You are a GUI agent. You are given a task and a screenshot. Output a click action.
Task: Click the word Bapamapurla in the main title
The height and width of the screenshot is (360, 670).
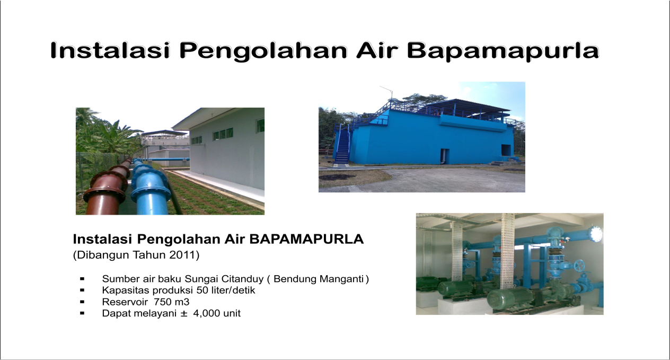pyautogui.click(x=503, y=50)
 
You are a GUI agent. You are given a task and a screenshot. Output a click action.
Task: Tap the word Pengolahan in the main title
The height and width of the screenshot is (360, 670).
pyautogui.click(x=263, y=50)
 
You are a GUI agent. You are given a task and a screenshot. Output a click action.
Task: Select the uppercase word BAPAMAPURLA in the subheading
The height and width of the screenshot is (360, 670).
pyautogui.click(x=306, y=239)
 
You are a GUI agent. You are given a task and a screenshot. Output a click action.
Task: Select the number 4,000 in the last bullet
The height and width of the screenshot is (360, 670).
pyautogui.click(x=204, y=313)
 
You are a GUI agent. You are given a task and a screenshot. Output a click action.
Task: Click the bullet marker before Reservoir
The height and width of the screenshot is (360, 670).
pyautogui.click(x=82, y=302)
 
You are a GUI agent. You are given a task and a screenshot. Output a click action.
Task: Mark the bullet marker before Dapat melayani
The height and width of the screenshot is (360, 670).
pyautogui.click(x=82, y=313)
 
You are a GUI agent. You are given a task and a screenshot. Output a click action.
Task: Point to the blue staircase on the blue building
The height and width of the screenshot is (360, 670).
pyautogui.click(x=343, y=147)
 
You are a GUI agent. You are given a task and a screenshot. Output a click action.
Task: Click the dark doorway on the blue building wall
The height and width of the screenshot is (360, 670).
pyautogui.click(x=444, y=156)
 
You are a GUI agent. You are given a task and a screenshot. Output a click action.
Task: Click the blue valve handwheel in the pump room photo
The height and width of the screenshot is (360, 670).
pyautogui.click(x=580, y=266)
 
